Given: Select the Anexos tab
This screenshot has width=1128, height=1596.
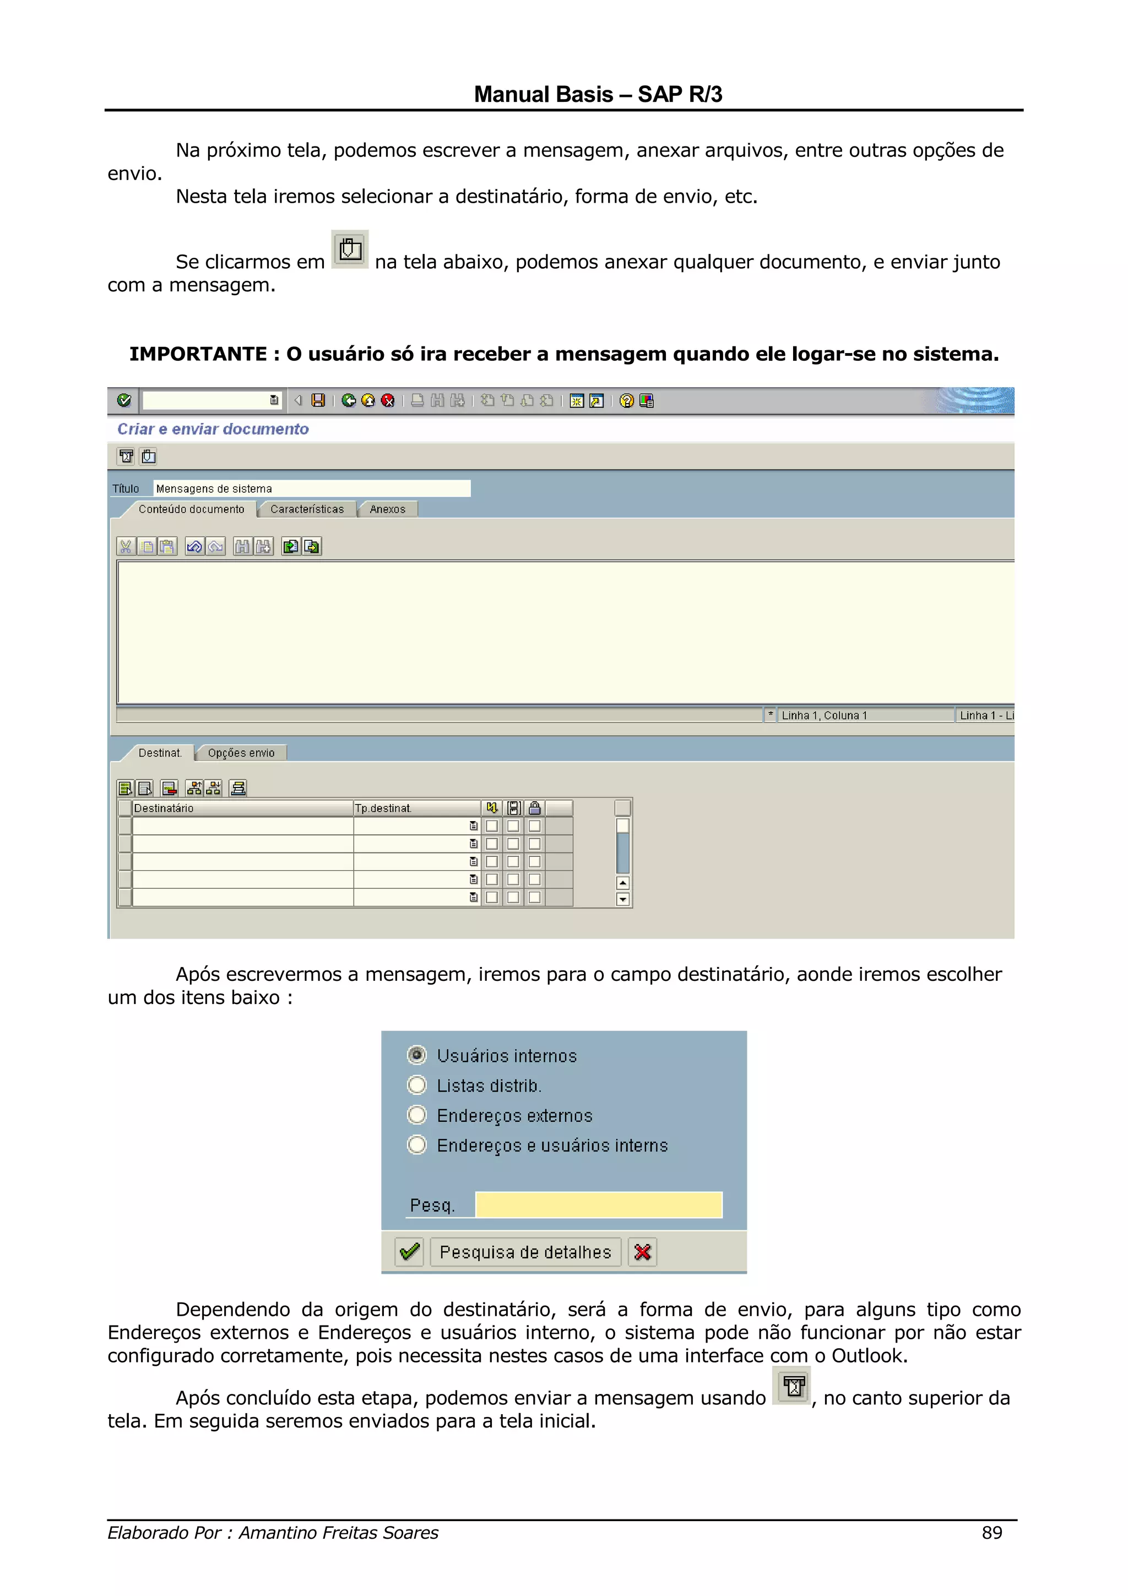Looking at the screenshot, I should [387, 509].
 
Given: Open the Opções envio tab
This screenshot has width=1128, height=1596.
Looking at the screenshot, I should [241, 753].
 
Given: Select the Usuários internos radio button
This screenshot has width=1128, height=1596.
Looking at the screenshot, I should [417, 1055].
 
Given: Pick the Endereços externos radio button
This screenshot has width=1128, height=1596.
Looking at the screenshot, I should [417, 1115].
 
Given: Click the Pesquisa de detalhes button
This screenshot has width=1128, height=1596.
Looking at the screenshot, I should [525, 1252].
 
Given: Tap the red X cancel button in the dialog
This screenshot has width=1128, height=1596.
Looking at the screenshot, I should [642, 1252].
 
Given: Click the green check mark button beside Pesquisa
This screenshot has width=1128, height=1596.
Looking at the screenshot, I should [409, 1252].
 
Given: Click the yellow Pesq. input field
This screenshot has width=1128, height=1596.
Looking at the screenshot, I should [598, 1204].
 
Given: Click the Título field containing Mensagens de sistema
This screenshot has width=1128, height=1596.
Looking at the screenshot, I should [311, 488].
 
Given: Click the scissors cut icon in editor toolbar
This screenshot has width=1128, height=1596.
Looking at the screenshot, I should [126, 546].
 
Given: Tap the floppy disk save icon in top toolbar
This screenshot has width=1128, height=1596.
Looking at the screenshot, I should [318, 400].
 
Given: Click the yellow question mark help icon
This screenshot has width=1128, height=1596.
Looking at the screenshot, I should [626, 400].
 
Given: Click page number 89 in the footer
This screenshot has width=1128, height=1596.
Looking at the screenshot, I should [992, 1532].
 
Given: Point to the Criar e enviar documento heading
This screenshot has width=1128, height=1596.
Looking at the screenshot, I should [213, 429].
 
